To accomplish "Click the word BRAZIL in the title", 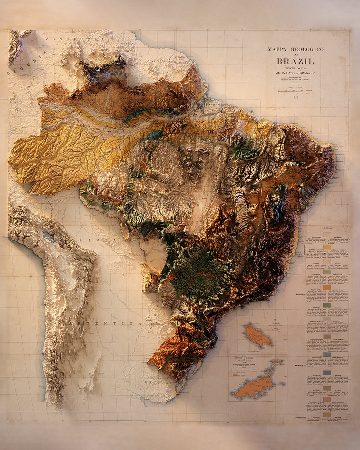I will pos(295,61).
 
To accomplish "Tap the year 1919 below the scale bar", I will pos(295,97).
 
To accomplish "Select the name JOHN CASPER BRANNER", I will pos(295,73).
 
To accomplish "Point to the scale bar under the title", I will pos(295,91).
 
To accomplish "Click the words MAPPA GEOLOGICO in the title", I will pos(295,49).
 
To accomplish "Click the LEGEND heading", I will pos(327,228).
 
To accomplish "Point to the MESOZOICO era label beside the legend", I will pos(300,295).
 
